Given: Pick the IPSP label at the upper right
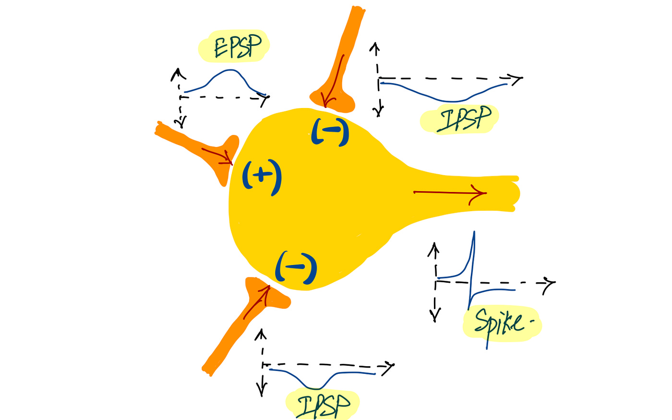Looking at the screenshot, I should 464,119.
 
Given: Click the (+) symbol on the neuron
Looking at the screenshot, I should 262,176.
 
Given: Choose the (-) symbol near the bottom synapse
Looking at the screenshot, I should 296,267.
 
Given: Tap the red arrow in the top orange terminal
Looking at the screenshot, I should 334,82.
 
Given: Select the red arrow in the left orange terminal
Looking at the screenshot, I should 217,154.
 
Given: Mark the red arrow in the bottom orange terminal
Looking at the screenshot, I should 257,302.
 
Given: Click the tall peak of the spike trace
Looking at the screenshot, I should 474,233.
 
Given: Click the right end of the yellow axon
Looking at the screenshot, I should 516,193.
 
